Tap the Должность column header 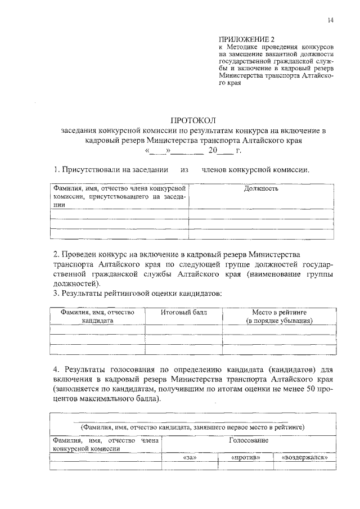[261, 188]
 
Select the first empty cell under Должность [261, 214]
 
